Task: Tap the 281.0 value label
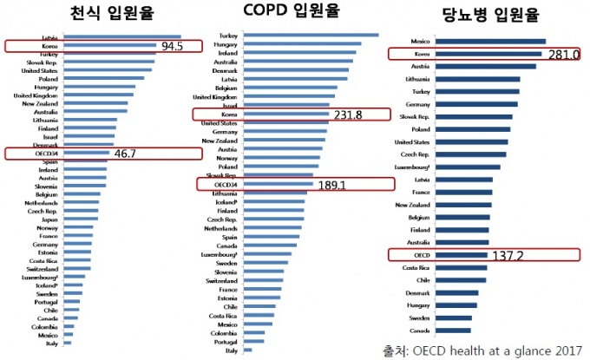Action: point(561,55)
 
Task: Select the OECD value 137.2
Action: point(505,257)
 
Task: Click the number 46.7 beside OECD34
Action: point(128,154)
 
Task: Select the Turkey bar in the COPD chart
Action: point(311,35)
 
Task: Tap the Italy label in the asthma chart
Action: point(50,343)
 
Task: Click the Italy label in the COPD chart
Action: point(231,350)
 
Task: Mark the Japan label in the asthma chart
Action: point(49,219)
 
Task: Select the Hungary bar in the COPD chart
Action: point(302,43)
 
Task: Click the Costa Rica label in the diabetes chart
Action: point(414,269)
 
